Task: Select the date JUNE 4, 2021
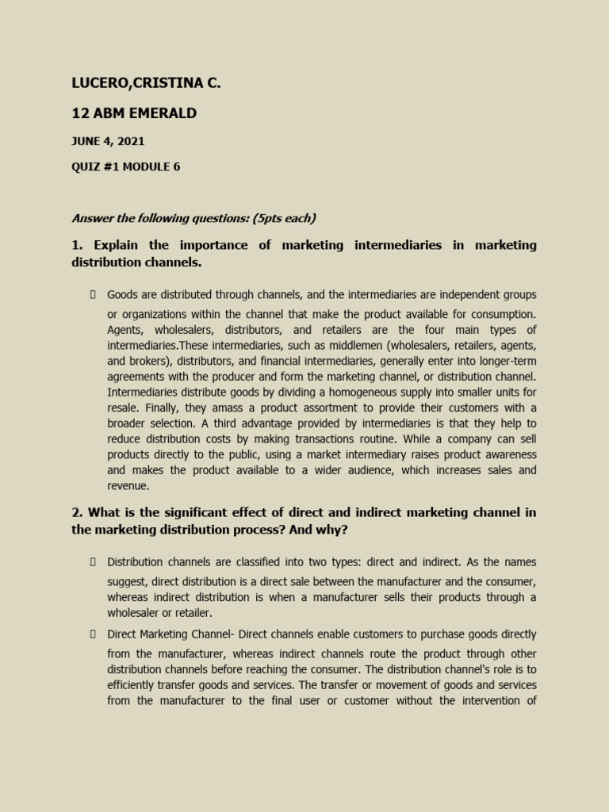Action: pyautogui.click(x=108, y=142)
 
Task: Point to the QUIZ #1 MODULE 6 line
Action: pyautogui.click(x=125, y=167)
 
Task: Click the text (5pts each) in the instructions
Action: pyautogui.click(x=282, y=218)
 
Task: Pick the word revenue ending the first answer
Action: pyautogui.click(x=128, y=486)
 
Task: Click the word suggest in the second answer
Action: pyautogui.click(x=127, y=581)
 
